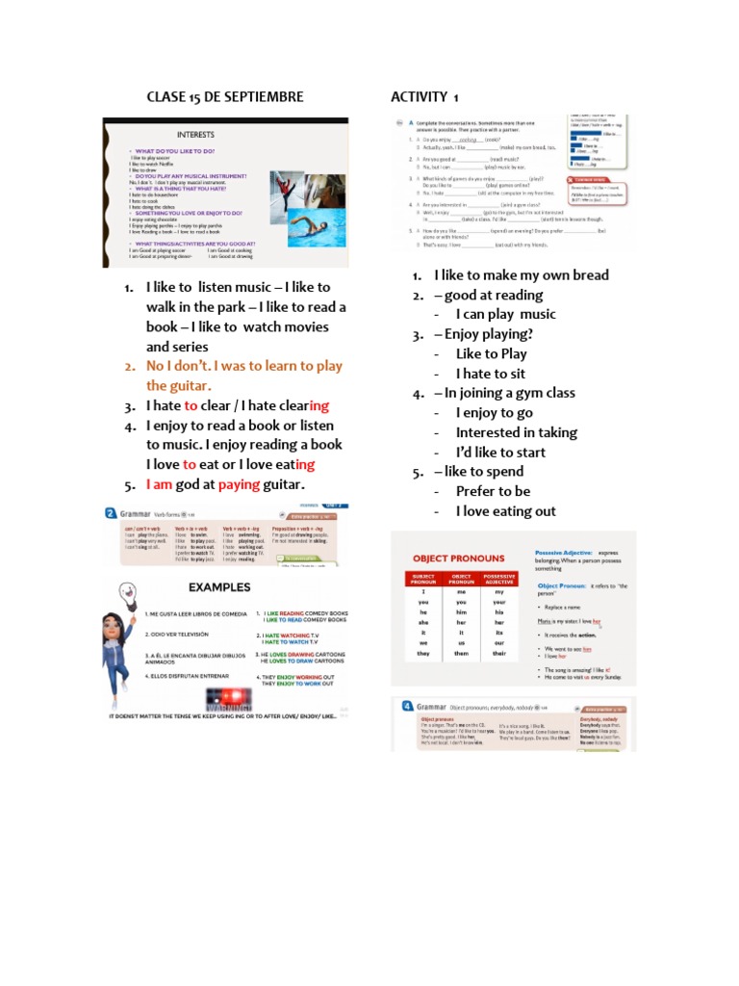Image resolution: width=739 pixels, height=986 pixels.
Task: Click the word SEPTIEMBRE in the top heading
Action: tap(262, 97)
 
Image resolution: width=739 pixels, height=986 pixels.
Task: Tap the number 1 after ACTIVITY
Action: tap(455, 97)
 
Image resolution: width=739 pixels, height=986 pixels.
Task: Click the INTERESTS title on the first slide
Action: tap(195, 134)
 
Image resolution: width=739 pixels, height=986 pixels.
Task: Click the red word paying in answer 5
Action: tap(240, 484)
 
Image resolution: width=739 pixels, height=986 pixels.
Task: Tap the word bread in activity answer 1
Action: tap(590, 275)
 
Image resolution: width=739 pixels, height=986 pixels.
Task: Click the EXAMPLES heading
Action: tap(219, 586)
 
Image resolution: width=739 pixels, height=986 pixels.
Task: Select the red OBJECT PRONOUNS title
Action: tap(459, 558)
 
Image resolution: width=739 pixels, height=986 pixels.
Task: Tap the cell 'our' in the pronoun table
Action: tap(499, 640)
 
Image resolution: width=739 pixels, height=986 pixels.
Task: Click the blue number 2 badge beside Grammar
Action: tap(111, 515)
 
